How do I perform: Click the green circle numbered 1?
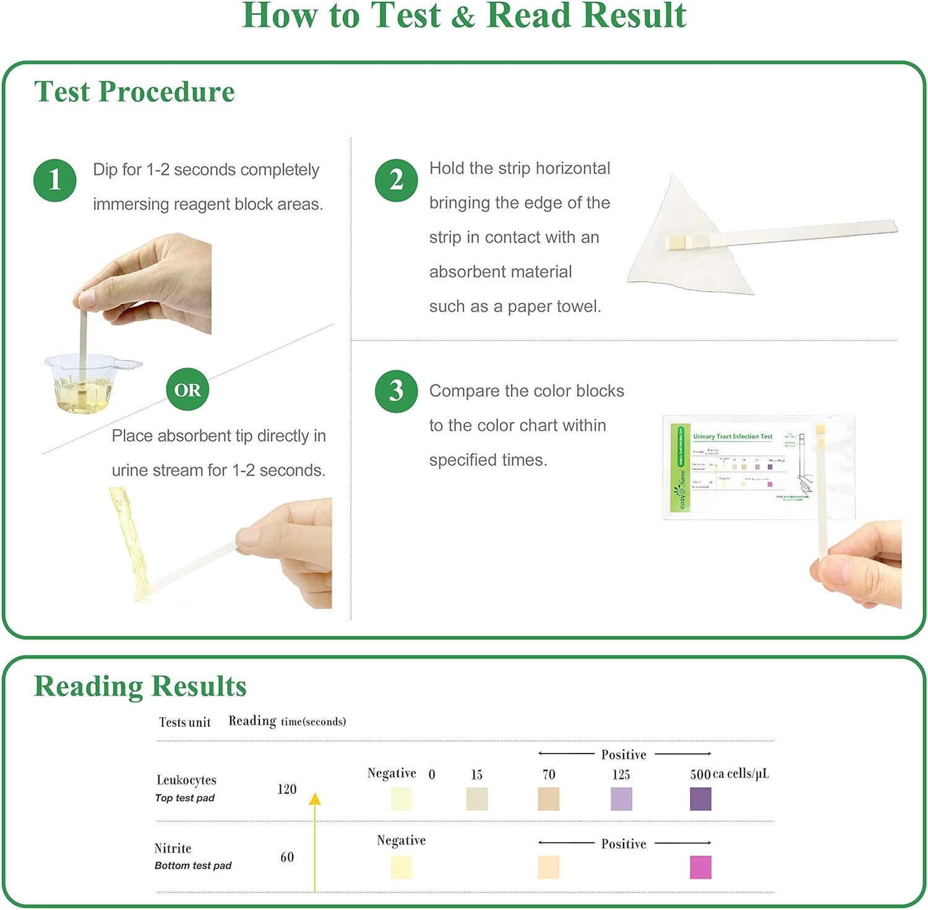55,180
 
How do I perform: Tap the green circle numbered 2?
397,180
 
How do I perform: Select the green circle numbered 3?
397,391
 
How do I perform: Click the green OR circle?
187,389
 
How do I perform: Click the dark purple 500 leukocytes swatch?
700,799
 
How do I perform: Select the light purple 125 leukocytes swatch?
621,799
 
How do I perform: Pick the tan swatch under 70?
548,799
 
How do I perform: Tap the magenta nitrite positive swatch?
700,867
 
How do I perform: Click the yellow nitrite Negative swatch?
401,867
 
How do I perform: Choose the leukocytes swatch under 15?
476,799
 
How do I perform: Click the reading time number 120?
286,789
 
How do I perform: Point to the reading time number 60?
287,857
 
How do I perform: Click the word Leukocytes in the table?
186,780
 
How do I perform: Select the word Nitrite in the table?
173,848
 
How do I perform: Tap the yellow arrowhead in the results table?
315,799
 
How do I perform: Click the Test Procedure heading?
134,92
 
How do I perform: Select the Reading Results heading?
140,686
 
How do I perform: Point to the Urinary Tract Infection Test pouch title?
733,436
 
